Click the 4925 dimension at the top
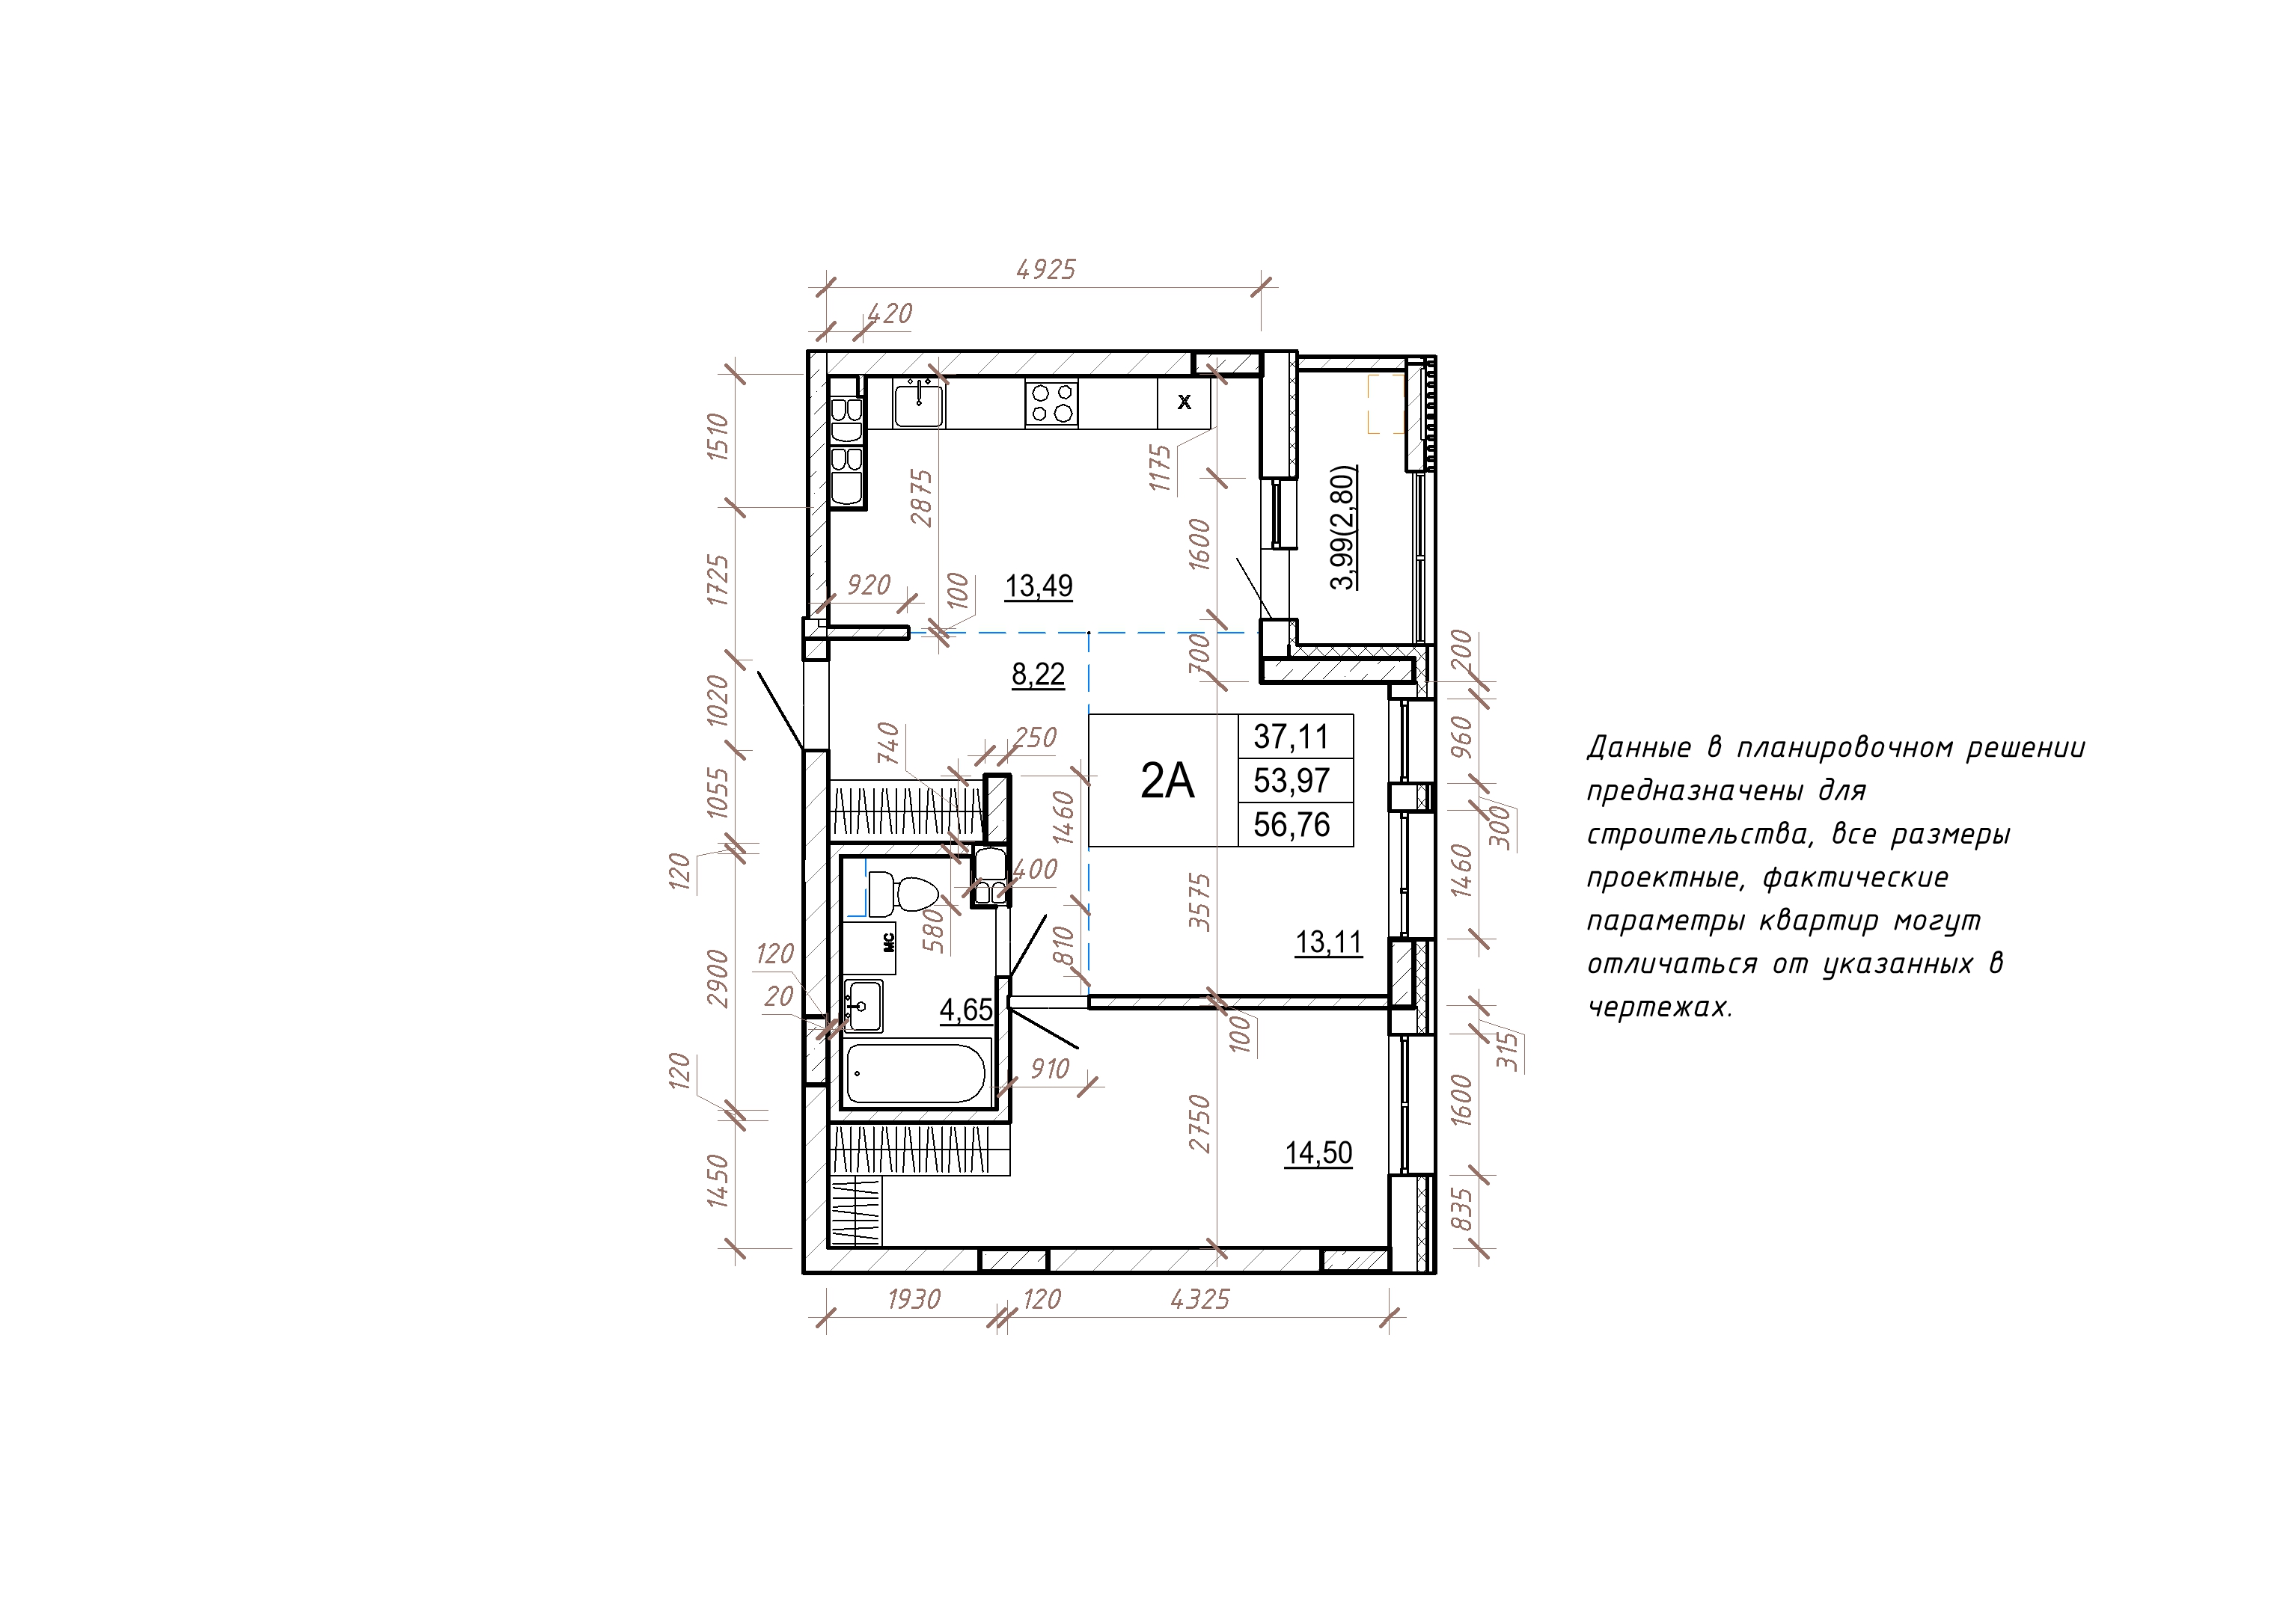[1045, 269]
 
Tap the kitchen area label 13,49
[1039, 586]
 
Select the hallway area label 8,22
[1038, 675]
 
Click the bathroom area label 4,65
[965, 1010]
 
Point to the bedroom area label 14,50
[1318, 1153]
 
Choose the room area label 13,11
[1328, 942]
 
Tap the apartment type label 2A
[1167, 782]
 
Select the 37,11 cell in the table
[1291, 737]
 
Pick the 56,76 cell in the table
[1291, 825]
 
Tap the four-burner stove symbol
[1051, 403]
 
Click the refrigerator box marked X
[1184, 402]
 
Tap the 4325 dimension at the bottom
[1199, 1299]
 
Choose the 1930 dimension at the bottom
[913, 1299]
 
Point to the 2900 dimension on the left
[719, 978]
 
